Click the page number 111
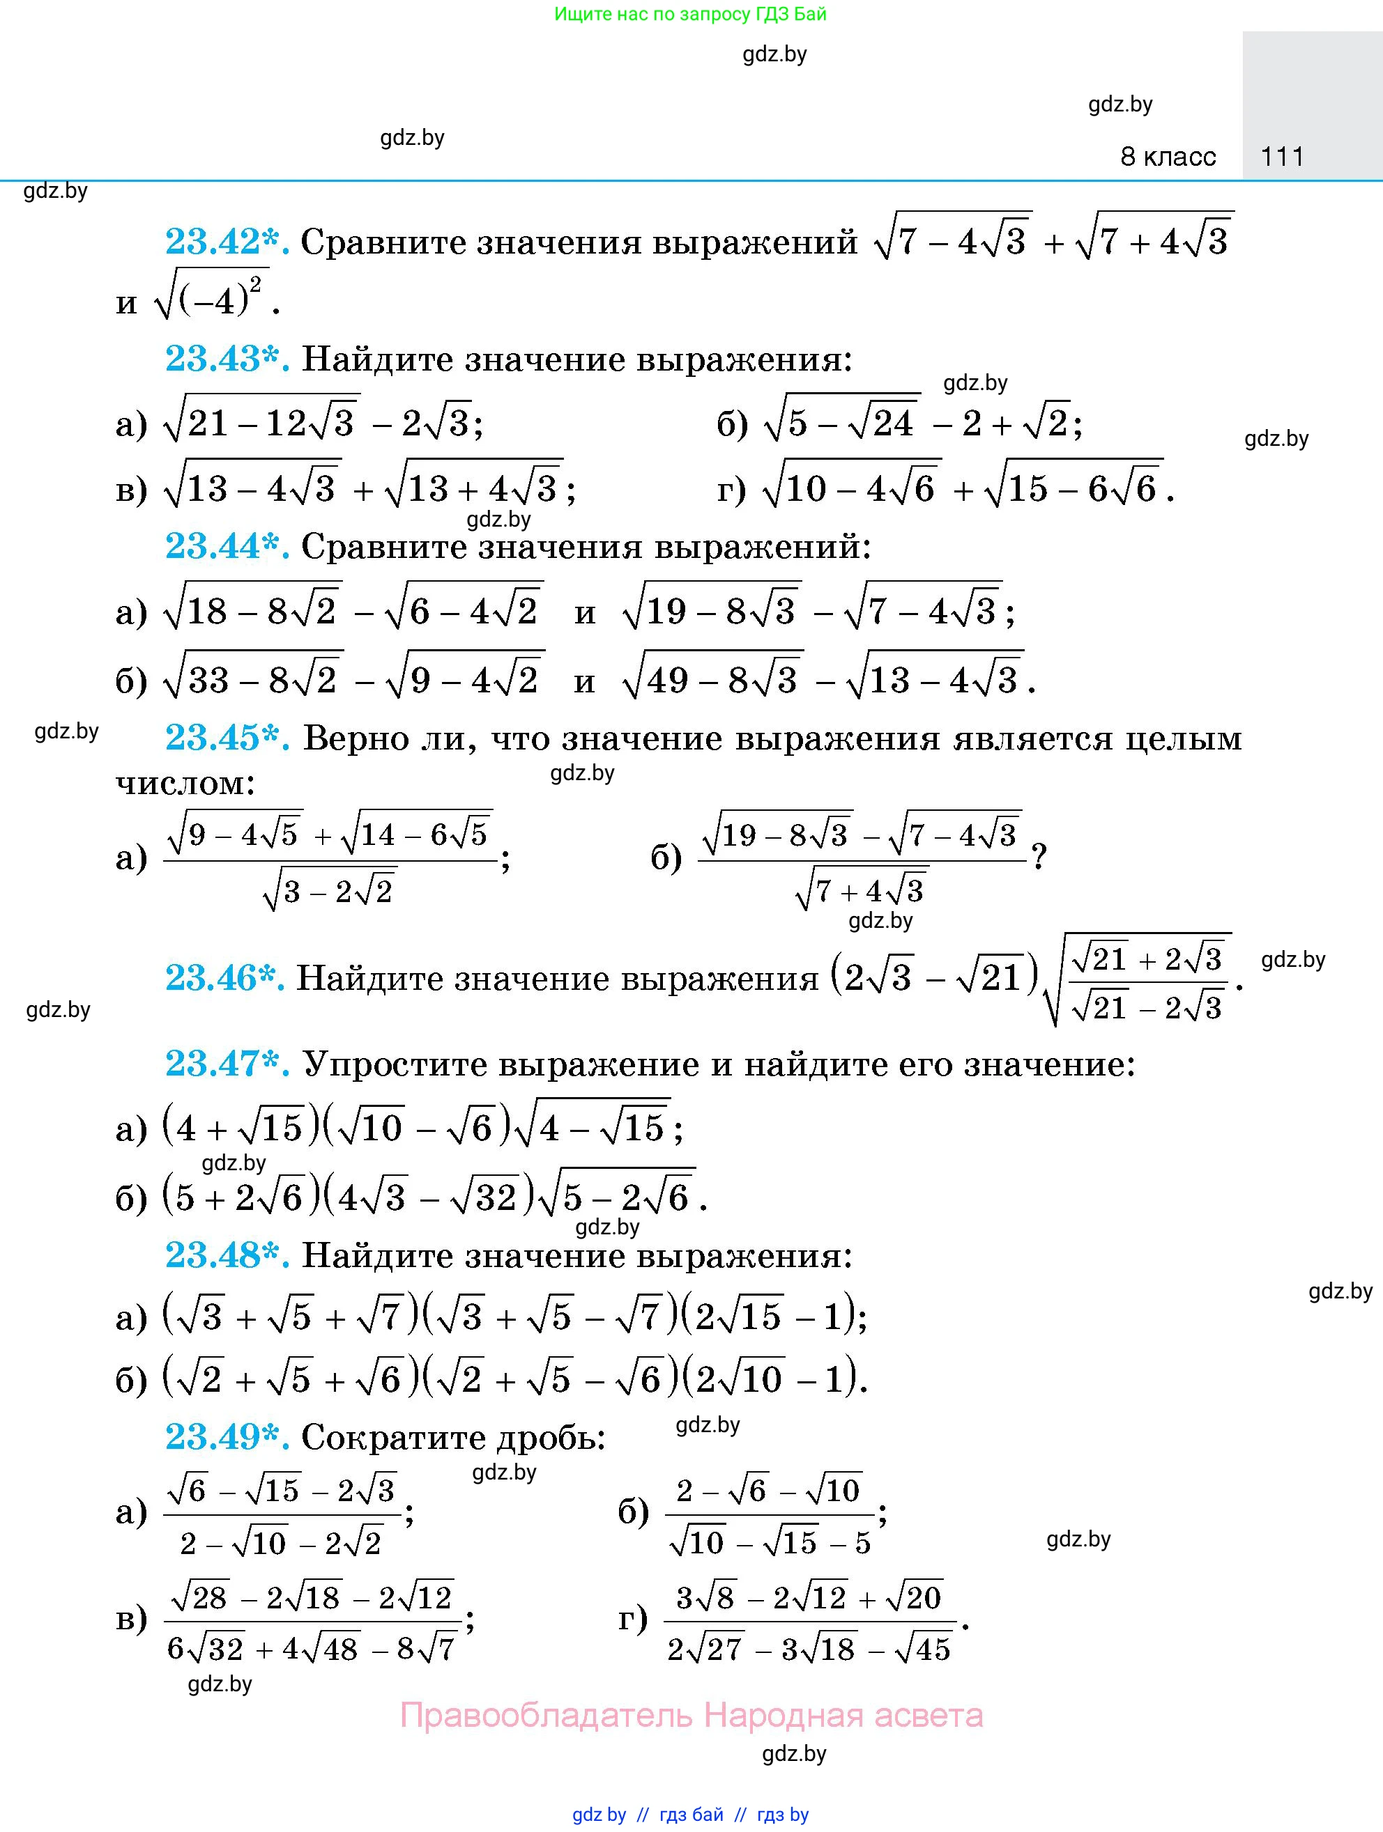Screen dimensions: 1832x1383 [1282, 157]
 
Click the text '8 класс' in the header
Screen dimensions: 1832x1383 [1168, 157]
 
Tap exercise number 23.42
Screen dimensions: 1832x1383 [227, 242]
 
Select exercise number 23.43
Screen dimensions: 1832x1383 [227, 359]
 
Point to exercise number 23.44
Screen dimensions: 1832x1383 [227, 547]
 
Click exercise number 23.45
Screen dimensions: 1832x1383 [227, 738]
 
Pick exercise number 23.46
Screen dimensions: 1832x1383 [224, 979]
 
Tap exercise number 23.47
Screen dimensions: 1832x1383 [227, 1064]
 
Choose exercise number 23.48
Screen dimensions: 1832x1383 [227, 1257]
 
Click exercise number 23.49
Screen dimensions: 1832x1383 [227, 1438]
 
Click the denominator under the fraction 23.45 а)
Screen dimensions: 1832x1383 [329, 891]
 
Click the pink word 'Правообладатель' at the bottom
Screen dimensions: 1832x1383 [545, 1714]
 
